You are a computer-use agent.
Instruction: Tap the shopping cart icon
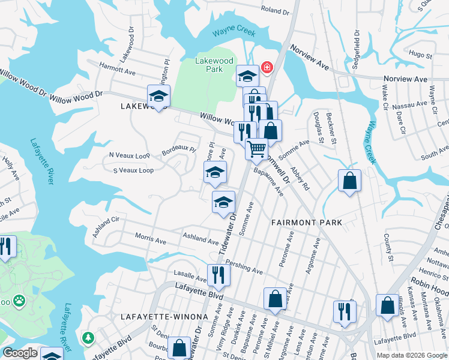[x=257, y=148]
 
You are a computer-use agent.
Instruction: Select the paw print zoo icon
[x=20, y=298]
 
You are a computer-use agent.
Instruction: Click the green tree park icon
[x=89, y=338]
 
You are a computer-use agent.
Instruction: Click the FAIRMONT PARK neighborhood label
[x=306, y=223]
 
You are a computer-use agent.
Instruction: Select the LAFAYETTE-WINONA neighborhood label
[x=164, y=316]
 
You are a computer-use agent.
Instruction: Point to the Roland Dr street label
[x=275, y=10]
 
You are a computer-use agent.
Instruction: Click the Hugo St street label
[x=416, y=53]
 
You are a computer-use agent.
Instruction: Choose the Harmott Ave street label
[x=117, y=70]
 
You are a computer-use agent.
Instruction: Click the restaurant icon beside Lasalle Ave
[x=218, y=275]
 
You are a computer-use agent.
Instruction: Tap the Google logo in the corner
[x=20, y=353]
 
